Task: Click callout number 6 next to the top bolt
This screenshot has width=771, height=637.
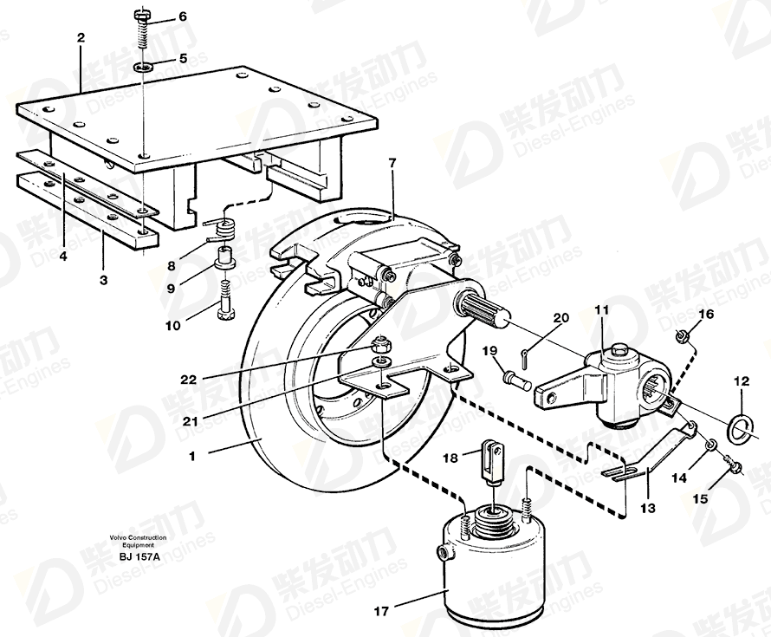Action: (x=183, y=17)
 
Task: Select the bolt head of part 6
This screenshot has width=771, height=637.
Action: (x=141, y=16)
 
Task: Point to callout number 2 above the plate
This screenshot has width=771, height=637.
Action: (x=81, y=37)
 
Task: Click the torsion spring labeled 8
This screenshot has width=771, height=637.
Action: (x=224, y=229)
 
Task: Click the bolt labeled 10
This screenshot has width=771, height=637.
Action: (x=226, y=301)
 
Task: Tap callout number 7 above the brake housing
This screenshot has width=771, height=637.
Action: (x=392, y=164)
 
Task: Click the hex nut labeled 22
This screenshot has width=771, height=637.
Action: (x=380, y=344)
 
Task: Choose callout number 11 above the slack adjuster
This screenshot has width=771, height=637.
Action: (x=601, y=310)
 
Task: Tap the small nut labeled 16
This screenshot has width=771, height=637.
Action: (x=681, y=337)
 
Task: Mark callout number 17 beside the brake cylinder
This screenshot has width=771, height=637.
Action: (x=381, y=611)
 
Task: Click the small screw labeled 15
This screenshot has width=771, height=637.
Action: (x=732, y=465)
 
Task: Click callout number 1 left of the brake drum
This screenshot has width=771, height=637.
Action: (x=191, y=457)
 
